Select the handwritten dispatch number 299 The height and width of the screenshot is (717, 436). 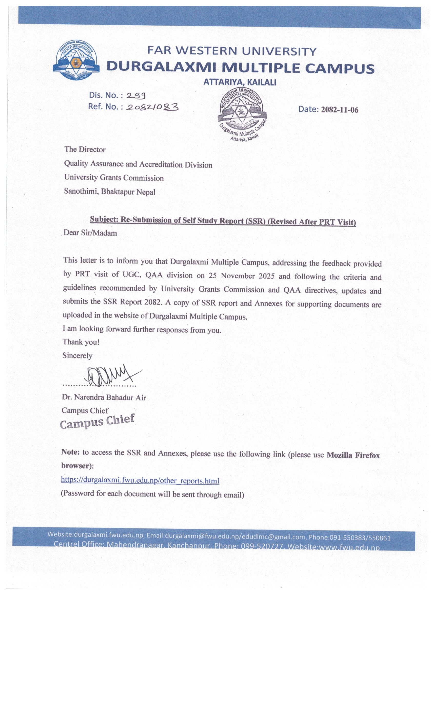coord(136,95)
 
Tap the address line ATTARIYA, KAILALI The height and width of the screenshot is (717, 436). coord(240,82)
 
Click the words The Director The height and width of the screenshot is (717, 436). coord(85,150)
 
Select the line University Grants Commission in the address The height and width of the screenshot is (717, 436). coord(114,177)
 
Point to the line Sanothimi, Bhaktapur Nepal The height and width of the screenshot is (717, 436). coord(110,192)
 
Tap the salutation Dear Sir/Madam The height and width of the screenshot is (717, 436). coord(90,233)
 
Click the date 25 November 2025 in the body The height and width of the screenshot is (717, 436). coord(241,276)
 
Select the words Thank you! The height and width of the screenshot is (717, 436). coord(81,342)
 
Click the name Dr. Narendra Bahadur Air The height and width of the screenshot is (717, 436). coord(104,397)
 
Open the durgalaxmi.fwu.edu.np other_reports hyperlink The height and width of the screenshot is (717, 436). coord(140,480)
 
